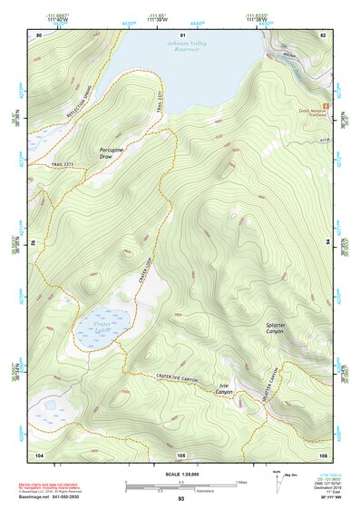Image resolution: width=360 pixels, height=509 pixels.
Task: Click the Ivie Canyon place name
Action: [x=226, y=388]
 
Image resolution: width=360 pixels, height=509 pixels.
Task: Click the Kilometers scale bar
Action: [x=180, y=488]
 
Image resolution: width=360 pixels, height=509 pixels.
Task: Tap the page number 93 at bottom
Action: [x=180, y=499]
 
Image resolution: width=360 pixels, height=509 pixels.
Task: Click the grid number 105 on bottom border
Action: [x=180, y=454]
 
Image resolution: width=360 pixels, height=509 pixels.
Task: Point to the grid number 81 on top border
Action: [x=180, y=34]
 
